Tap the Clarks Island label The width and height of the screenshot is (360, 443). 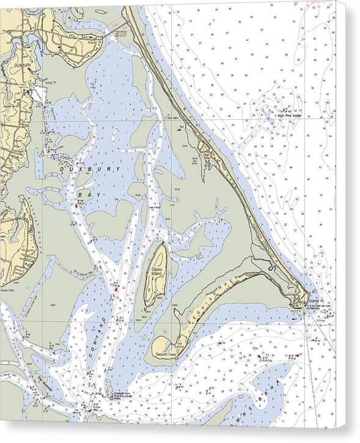(x=153, y=269)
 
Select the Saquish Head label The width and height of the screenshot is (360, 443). (x=165, y=354)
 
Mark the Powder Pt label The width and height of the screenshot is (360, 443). (x=93, y=42)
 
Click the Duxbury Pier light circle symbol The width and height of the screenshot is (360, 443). (x=110, y=395)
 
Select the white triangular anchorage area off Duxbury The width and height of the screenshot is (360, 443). (x=39, y=94)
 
